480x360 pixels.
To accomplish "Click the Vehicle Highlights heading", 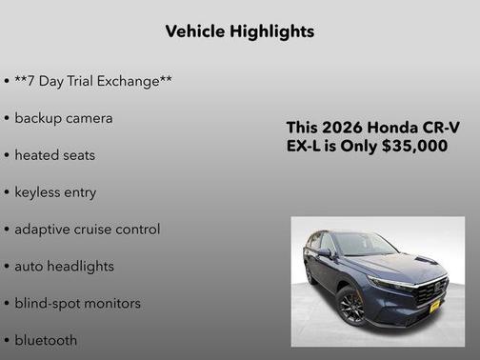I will coord(239,31).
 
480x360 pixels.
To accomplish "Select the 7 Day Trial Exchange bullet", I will coord(92,81).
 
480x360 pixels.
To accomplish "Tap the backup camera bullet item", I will coord(63,118).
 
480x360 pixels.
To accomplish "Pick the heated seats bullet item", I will coord(54,154).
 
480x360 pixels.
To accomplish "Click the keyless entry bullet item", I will coord(55,191).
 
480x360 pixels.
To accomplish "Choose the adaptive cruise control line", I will coord(87,229).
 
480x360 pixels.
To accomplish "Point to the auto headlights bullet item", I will coord(64,266).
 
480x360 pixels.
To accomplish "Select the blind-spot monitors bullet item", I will coord(77,303).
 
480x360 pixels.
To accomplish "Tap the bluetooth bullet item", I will coord(46,340).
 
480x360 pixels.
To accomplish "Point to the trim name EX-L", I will coord(305,146).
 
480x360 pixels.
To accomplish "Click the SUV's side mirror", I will coord(325,253).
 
